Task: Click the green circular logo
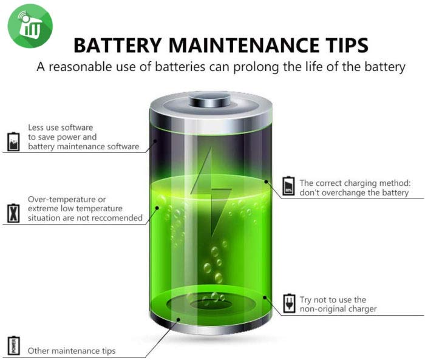(x=30, y=26)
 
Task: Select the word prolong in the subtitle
(x=256, y=67)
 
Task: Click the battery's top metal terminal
(x=210, y=99)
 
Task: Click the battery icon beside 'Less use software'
(x=13, y=141)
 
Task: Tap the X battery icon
(x=13, y=213)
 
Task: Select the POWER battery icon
(x=13, y=345)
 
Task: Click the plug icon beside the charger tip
(x=289, y=303)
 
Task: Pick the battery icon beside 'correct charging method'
(x=288, y=186)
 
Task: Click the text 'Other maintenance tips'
(x=72, y=351)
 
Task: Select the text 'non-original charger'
(x=338, y=309)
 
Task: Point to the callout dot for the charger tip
(x=265, y=297)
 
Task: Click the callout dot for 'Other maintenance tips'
(x=178, y=319)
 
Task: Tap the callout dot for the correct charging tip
(x=266, y=182)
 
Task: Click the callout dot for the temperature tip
(x=157, y=208)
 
